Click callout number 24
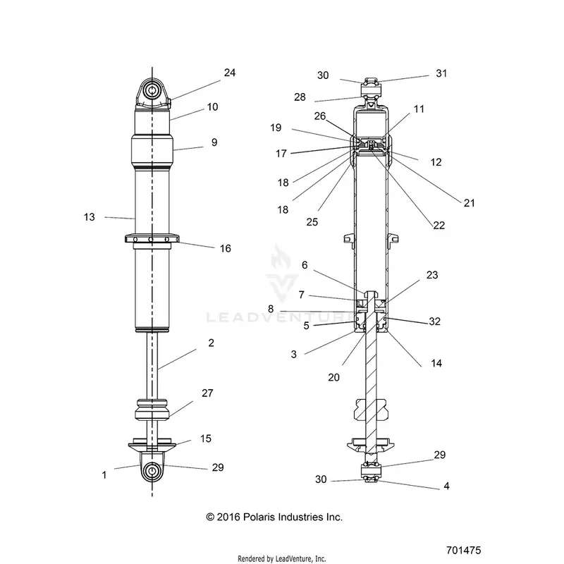[x=230, y=73]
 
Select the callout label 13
[x=90, y=217]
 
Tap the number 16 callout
[x=225, y=248]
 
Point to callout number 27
[x=207, y=393]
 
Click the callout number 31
[x=441, y=73]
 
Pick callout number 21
[x=469, y=203]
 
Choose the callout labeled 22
[x=439, y=225]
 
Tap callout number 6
[x=305, y=265]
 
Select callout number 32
[x=434, y=321]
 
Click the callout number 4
[x=446, y=486]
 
